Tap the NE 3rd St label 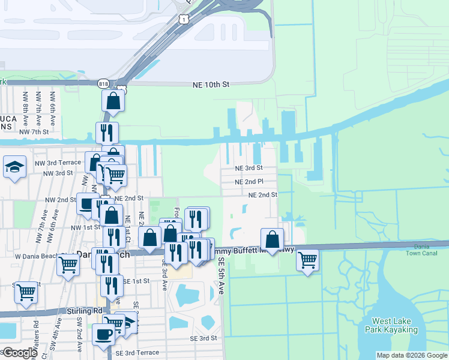[x=249, y=169]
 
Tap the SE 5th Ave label [x=221, y=276]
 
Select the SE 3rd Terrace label [x=137, y=353]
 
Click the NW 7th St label [x=34, y=131]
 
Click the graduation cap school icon [x=14, y=167]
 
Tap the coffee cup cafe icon [x=103, y=333]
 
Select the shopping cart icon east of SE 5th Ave [x=307, y=260]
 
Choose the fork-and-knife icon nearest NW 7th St [x=107, y=132]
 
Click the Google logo [x=20, y=353]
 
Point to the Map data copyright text [x=412, y=355]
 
